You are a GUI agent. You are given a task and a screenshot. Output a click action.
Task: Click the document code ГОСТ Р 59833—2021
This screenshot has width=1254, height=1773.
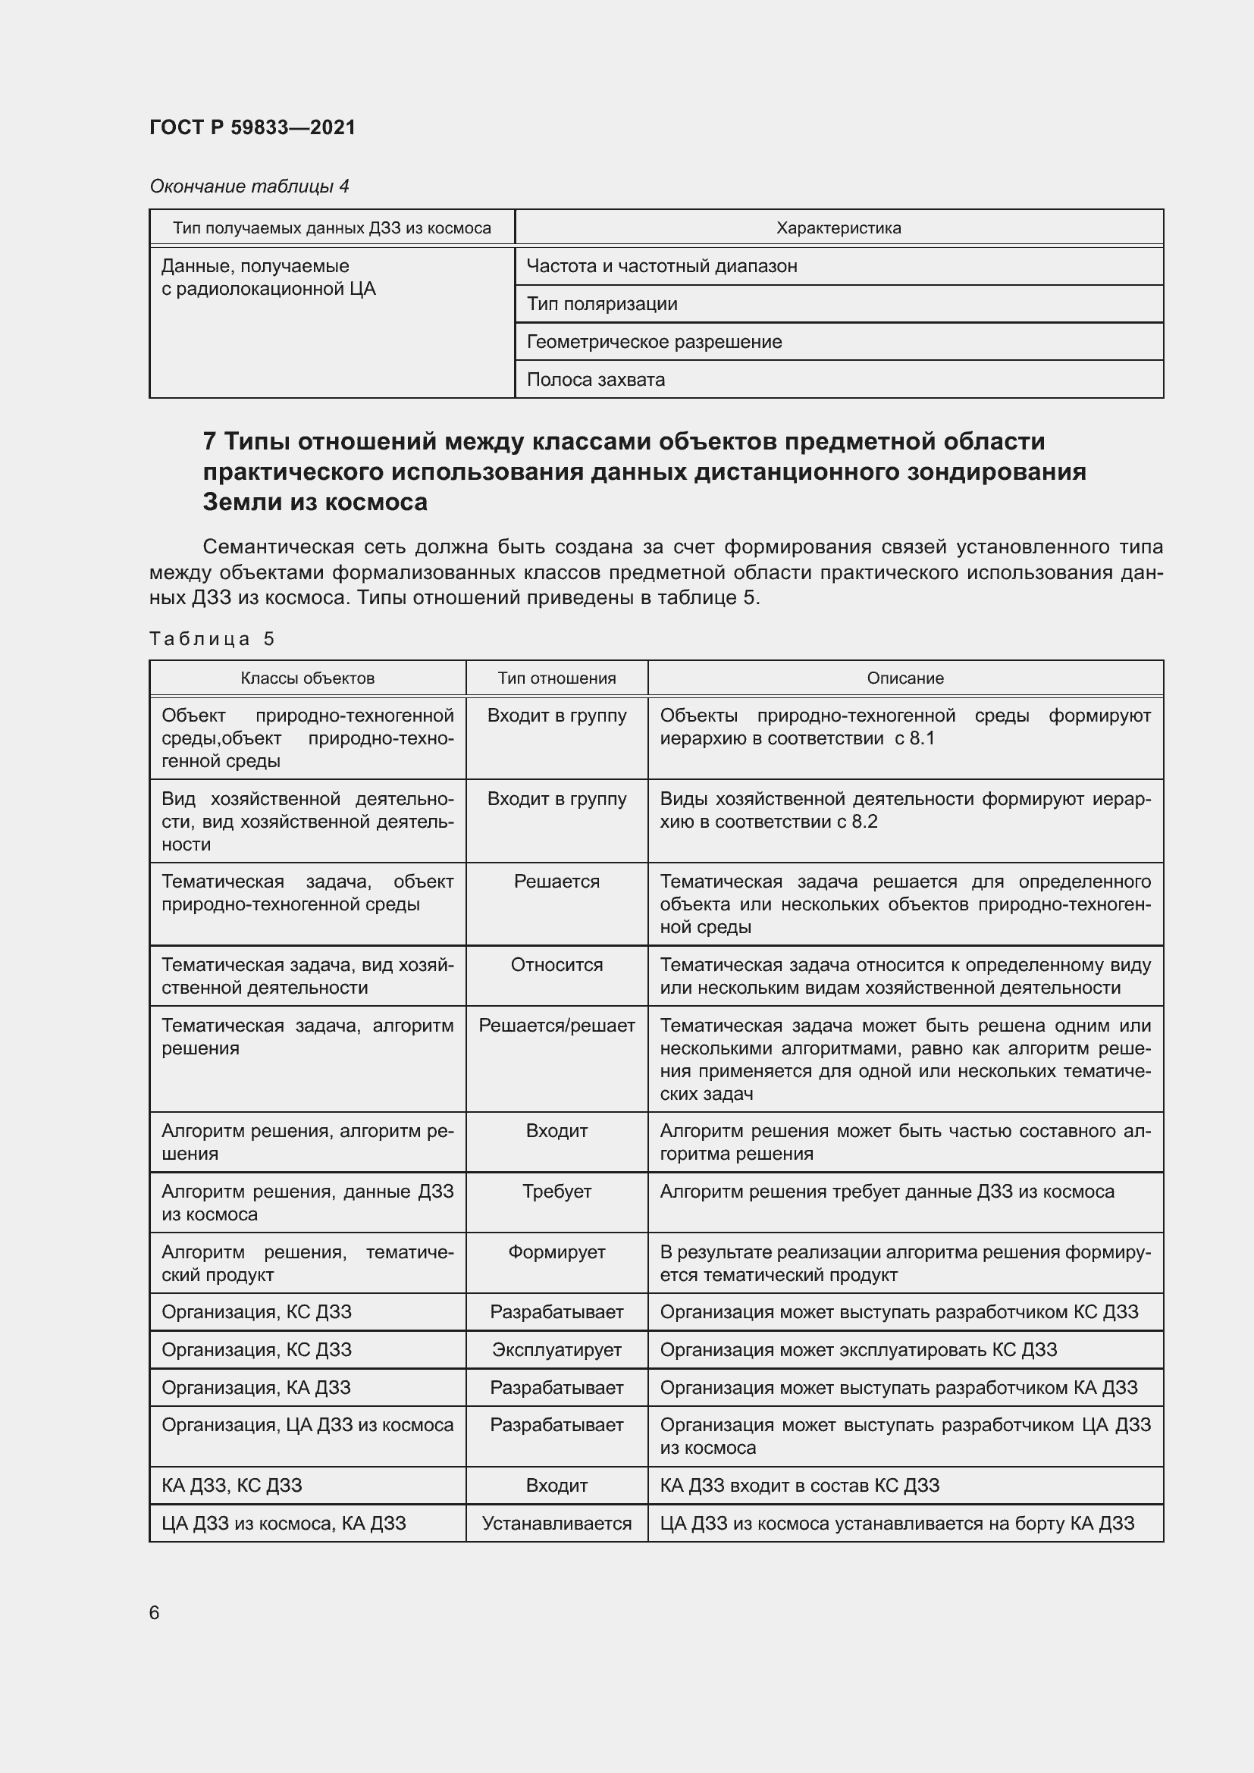point(252,127)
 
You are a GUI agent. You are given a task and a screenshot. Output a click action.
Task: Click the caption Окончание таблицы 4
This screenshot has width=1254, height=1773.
point(249,186)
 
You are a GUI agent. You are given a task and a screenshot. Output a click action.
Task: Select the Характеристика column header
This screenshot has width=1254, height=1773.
point(838,228)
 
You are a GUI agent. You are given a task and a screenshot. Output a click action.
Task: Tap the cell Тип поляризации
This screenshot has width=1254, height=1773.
point(601,303)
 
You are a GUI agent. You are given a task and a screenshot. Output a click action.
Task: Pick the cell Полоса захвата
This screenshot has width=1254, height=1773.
point(595,379)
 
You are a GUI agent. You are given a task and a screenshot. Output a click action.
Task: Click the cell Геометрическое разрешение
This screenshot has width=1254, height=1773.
point(654,341)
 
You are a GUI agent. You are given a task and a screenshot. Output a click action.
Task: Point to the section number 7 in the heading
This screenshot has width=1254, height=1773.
point(209,441)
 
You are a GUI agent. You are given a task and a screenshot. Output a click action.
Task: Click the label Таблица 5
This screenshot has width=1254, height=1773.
point(212,638)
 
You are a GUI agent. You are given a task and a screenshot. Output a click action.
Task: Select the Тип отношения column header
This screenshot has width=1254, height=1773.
point(556,678)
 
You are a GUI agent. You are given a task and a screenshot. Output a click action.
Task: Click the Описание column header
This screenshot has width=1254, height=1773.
point(905,678)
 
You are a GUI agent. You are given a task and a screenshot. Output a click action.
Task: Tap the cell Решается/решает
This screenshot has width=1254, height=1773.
point(556,1026)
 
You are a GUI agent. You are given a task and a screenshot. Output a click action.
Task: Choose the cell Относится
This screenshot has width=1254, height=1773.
point(556,964)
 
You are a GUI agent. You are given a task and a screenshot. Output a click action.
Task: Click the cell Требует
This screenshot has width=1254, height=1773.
point(556,1191)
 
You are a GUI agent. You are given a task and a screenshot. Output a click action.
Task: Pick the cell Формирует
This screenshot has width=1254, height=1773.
point(556,1251)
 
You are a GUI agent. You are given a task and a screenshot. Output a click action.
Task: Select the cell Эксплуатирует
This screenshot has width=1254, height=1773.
point(556,1350)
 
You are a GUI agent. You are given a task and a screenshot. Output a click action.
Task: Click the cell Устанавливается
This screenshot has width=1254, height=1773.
point(556,1524)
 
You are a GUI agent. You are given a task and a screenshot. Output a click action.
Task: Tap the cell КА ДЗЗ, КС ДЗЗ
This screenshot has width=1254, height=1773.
point(232,1485)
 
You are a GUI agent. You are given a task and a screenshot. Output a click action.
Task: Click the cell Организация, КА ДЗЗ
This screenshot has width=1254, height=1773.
point(256,1388)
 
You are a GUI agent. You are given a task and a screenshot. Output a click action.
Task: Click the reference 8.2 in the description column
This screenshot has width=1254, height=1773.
point(865,822)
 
